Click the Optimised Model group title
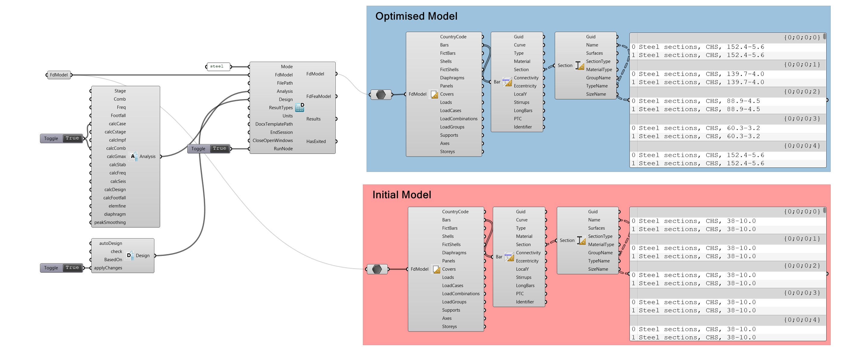point(416,16)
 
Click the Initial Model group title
point(401,195)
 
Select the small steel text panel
point(218,67)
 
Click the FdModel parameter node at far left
point(59,75)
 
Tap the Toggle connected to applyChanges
point(61,268)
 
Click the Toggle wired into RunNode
point(209,148)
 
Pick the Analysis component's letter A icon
point(133,156)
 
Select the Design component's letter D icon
point(129,255)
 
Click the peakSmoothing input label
point(110,222)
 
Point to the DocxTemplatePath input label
point(274,124)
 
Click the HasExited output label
point(316,141)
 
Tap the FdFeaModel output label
point(318,96)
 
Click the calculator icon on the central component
point(299,107)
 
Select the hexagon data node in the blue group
point(380,95)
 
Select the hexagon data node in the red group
point(377,269)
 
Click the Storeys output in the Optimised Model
point(447,151)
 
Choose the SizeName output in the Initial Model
point(598,269)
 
